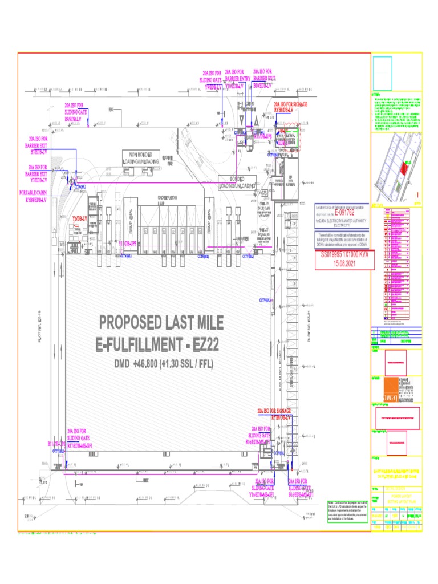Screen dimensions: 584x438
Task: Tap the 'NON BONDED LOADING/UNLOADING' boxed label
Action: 141,159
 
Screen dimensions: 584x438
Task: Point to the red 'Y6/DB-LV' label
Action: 80,218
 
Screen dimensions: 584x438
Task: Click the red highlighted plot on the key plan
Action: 403,169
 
